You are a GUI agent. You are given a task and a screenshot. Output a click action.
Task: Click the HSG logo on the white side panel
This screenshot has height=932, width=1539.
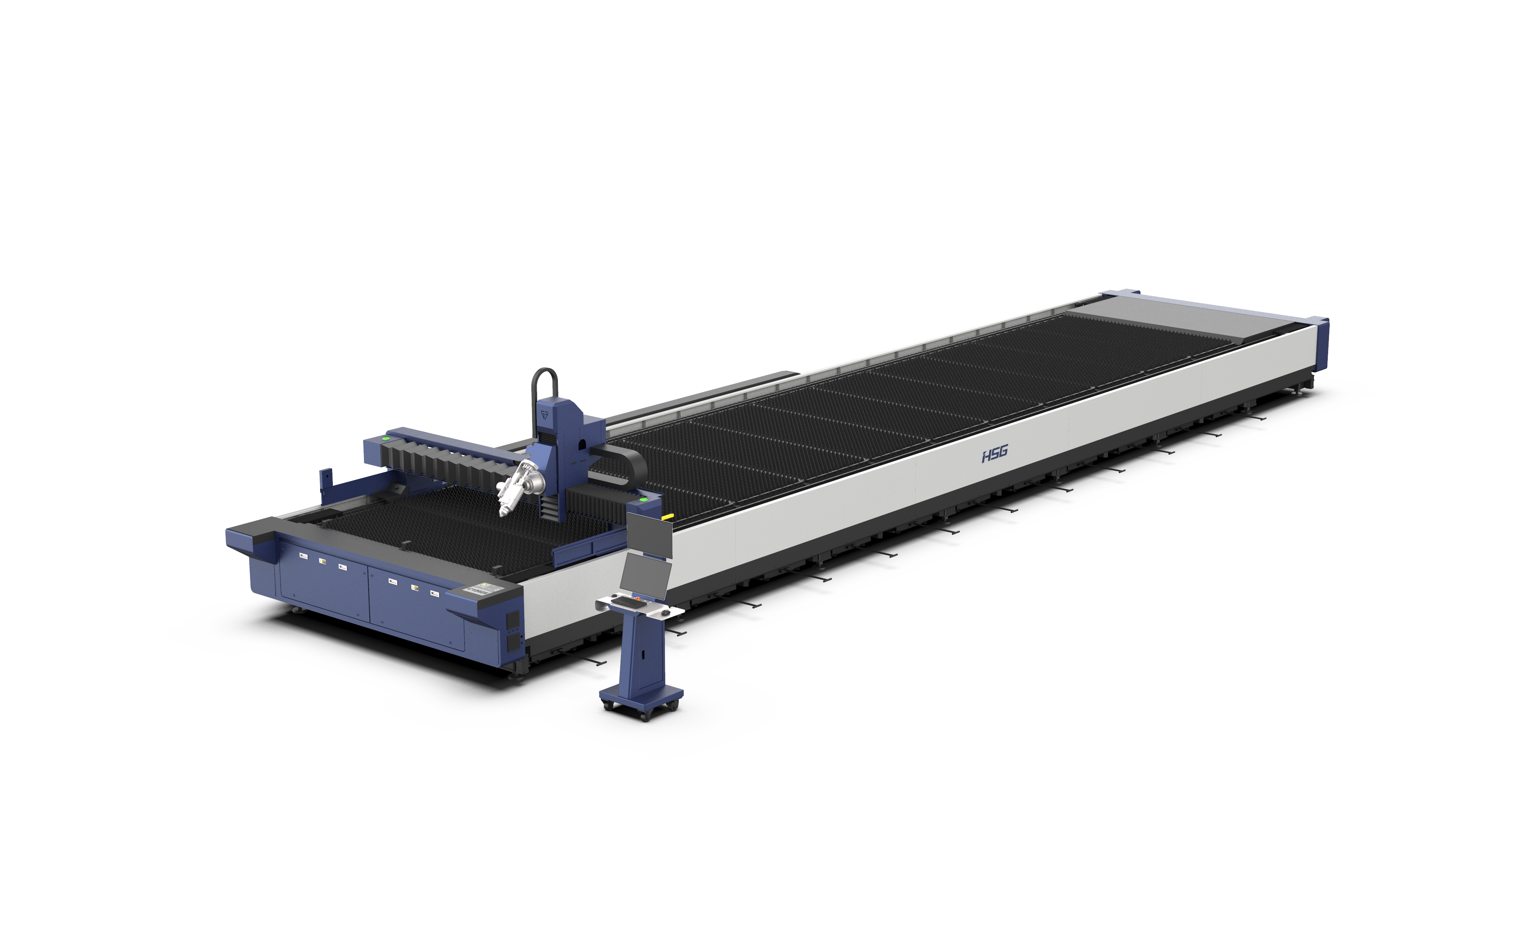tap(994, 454)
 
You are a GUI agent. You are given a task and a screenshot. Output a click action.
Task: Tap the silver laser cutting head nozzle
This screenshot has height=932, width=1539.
tap(503, 511)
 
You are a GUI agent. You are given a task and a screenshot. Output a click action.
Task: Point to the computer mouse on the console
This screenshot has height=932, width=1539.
tap(666, 612)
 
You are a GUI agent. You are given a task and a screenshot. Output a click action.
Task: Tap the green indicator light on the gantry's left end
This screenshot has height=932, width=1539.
tap(386, 439)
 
